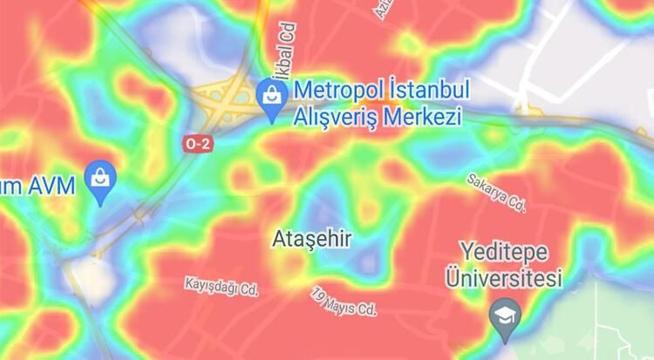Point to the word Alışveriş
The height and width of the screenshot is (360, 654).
coord(337,118)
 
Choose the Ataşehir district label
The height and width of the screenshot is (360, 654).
coord(311,238)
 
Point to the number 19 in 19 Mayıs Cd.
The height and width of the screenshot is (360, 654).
coord(317,296)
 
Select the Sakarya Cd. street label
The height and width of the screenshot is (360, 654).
coord(497,194)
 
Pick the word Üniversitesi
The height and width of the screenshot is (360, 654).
coord(504,279)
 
